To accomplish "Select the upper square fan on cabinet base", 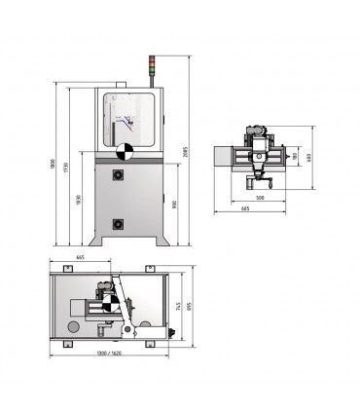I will (x=119, y=175).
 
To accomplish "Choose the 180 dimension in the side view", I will (x=296, y=156).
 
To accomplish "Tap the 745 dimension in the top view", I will (x=179, y=306).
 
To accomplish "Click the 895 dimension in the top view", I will (x=192, y=306).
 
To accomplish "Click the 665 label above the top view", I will (x=78, y=257).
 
